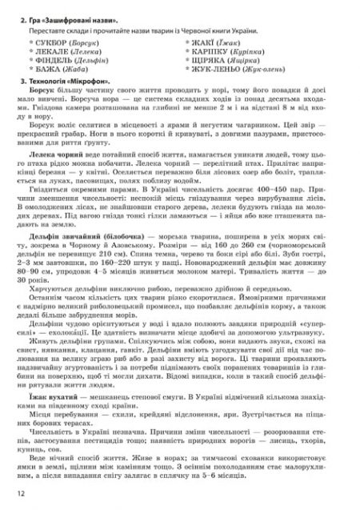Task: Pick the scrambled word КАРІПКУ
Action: (214, 49)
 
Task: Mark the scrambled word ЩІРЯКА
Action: (214, 59)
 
